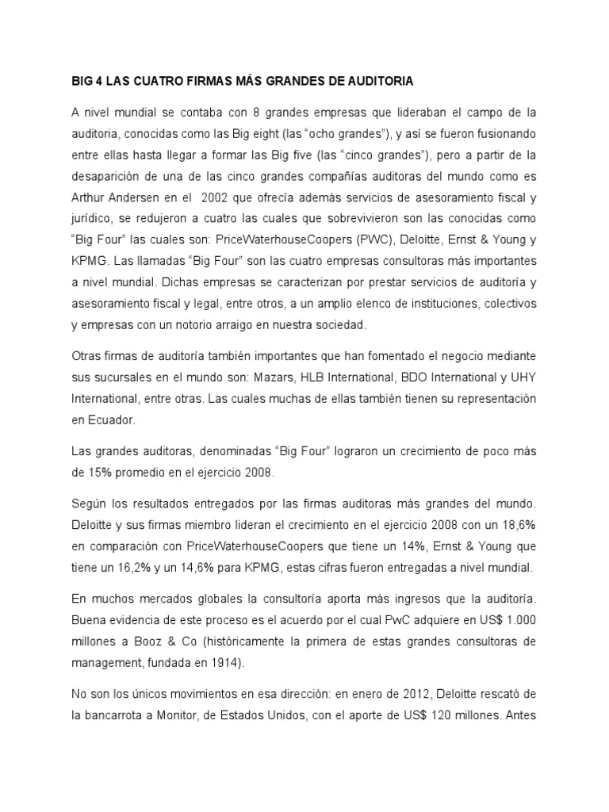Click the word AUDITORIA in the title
(x=377, y=81)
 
